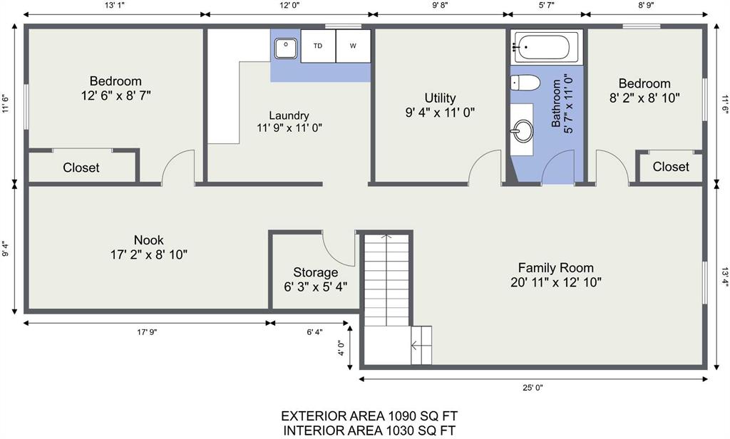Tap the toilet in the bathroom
[525, 83]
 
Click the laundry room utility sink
[285, 48]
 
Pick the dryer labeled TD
[318, 46]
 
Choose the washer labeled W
[354, 46]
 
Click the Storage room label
[316, 272]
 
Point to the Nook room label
[148, 240]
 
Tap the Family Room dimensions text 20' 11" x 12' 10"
[556, 283]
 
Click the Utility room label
[440, 98]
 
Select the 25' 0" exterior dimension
[533, 387]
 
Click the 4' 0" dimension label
[341, 348]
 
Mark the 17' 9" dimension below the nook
[147, 332]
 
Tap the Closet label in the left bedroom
[81, 167]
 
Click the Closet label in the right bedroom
[671, 167]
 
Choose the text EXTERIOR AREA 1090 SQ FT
[369, 415]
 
